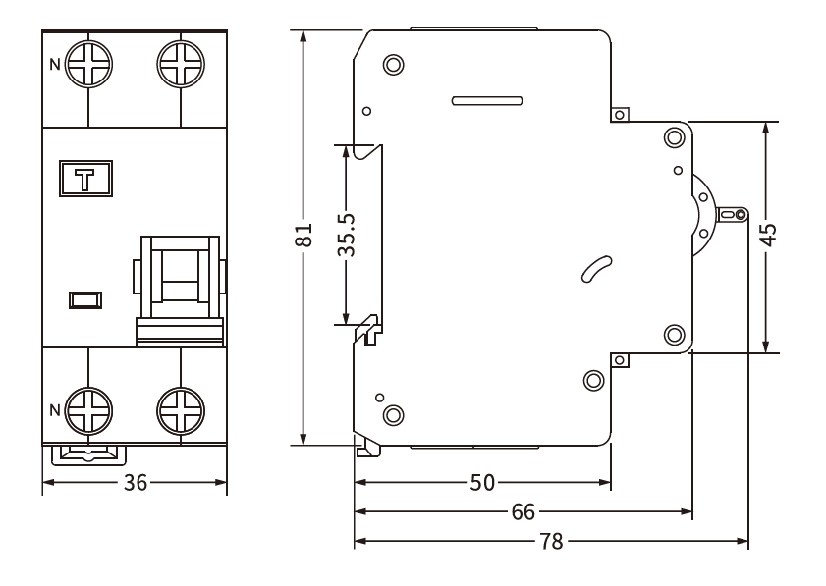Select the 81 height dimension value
click(304, 236)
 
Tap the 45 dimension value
click(768, 236)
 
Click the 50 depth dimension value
click(483, 483)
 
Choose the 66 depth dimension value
click(524, 512)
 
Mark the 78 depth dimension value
click(552, 542)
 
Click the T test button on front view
click(85, 179)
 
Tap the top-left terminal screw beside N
click(88, 66)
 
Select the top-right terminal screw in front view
click(181, 66)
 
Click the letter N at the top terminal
click(55, 66)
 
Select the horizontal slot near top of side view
click(485, 100)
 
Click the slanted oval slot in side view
click(596, 271)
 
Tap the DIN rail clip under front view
click(87, 453)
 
